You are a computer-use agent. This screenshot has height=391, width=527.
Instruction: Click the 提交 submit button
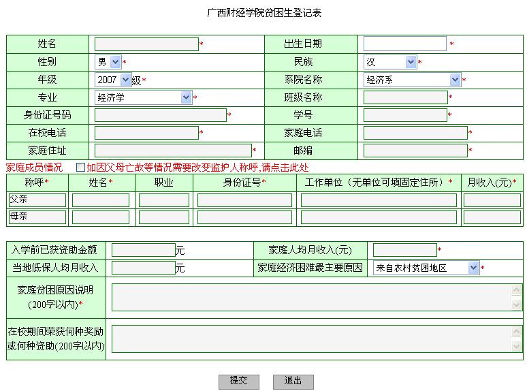238,381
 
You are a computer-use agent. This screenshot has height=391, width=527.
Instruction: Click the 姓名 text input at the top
146,44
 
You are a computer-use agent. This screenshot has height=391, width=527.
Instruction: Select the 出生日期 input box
405,44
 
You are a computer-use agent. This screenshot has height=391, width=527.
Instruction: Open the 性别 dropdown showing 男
108,62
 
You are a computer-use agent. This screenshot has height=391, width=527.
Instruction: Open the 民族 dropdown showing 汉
390,62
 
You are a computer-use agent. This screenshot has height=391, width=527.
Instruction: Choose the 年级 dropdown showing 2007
112,80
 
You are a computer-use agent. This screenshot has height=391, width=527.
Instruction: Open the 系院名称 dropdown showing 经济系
413,80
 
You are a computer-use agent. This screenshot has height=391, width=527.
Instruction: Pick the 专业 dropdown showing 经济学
144,97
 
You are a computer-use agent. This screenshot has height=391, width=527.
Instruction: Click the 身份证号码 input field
161,115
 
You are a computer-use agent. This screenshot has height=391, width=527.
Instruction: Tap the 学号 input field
405,115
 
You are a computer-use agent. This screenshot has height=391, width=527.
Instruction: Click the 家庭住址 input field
173,151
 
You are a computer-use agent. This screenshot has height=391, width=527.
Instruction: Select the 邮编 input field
415,151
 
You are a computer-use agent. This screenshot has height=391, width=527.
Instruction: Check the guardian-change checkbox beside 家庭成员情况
80,167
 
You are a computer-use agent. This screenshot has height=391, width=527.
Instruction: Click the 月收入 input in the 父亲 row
492,200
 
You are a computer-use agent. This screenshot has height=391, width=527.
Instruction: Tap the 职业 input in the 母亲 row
164,217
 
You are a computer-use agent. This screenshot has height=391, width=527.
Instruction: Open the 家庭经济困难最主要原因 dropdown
426,268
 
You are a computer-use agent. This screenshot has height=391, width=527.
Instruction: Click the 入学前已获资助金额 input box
144,250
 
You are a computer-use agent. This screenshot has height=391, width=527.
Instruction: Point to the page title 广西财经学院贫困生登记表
264,13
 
